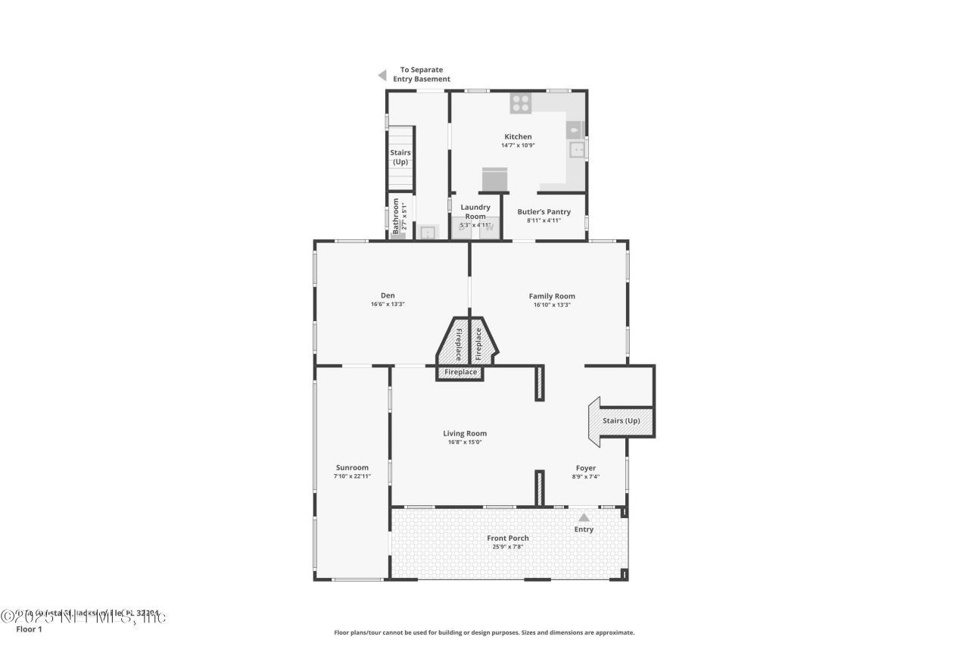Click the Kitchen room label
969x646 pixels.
518,137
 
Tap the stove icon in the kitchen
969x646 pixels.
520,104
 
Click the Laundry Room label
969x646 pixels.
475,211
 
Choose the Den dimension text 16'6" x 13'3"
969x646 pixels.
388,304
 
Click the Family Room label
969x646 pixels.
551,296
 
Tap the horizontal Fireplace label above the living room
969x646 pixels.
460,373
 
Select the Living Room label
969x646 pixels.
465,433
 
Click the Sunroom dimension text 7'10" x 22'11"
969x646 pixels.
352,476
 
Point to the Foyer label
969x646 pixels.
585,468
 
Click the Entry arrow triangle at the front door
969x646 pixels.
584,518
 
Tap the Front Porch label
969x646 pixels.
508,538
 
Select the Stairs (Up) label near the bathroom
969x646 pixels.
400,158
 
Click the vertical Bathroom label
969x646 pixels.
395,216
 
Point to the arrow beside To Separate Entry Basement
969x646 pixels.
382,75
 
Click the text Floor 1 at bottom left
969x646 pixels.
29,629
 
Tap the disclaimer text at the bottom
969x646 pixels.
484,632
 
